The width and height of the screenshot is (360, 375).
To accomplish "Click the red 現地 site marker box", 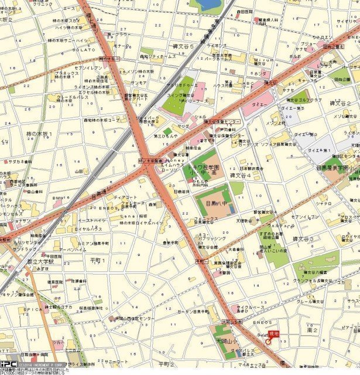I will [273, 333].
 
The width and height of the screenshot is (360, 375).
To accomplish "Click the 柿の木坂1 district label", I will [39, 134].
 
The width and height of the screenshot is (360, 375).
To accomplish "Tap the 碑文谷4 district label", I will [240, 175].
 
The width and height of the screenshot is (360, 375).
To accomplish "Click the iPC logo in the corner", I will [8, 364].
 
